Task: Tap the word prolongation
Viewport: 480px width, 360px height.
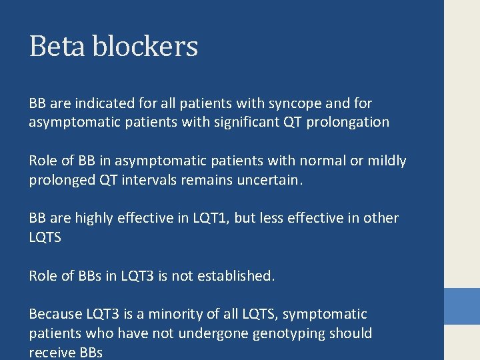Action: coord(347,123)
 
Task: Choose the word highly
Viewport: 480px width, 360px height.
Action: coord(95,219)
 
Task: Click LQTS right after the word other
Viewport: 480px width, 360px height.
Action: coord(45,237)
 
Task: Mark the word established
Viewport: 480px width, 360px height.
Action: coord(239,276)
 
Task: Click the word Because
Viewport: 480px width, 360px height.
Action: coord(55,314)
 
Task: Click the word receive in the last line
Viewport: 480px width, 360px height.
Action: coord(51,352)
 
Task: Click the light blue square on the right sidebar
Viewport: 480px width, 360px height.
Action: coord(462,306)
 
